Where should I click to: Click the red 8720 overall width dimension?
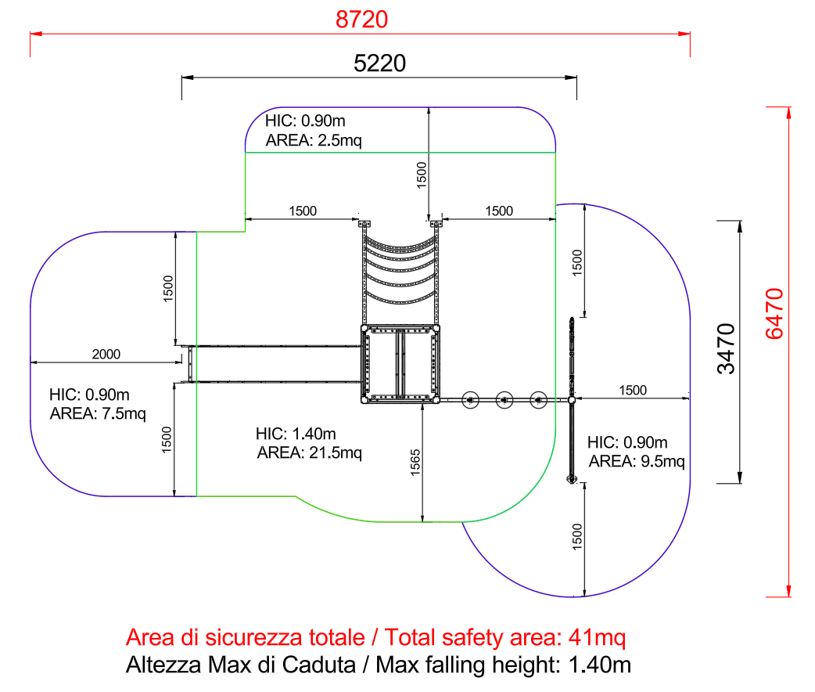361,20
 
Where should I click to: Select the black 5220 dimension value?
380,63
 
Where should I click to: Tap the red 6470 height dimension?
774,313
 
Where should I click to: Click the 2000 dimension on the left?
106,354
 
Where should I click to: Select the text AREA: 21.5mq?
309,452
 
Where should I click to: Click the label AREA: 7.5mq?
97,413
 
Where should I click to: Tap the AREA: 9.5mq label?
636,461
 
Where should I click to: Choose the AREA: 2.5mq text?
313,141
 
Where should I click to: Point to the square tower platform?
400,363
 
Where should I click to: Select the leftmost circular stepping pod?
470,400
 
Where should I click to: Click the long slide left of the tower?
274,363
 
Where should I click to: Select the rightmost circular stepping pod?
537,400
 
